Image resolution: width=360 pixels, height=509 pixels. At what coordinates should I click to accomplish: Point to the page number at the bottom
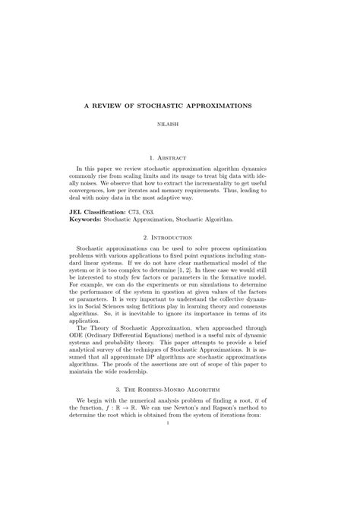tap(179, 477)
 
